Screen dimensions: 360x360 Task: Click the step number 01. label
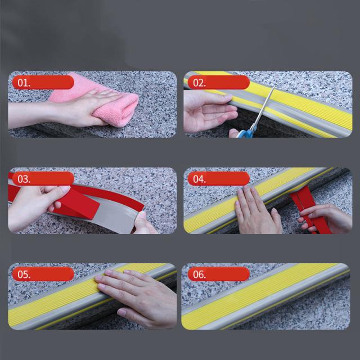[x=24, y=83]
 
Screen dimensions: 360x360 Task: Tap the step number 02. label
[x=199, y=83]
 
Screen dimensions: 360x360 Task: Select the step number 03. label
[x=24, y=179]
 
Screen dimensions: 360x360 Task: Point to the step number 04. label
[x=199, y=179]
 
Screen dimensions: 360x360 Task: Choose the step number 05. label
[x=24, y=274]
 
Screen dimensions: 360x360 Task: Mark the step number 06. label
[x=199, y=274]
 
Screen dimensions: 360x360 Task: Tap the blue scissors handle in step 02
[x=246, y=133]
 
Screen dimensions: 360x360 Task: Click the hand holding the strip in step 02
[x=209, y=110]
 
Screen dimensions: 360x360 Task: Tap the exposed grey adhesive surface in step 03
[x=115, y=217]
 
